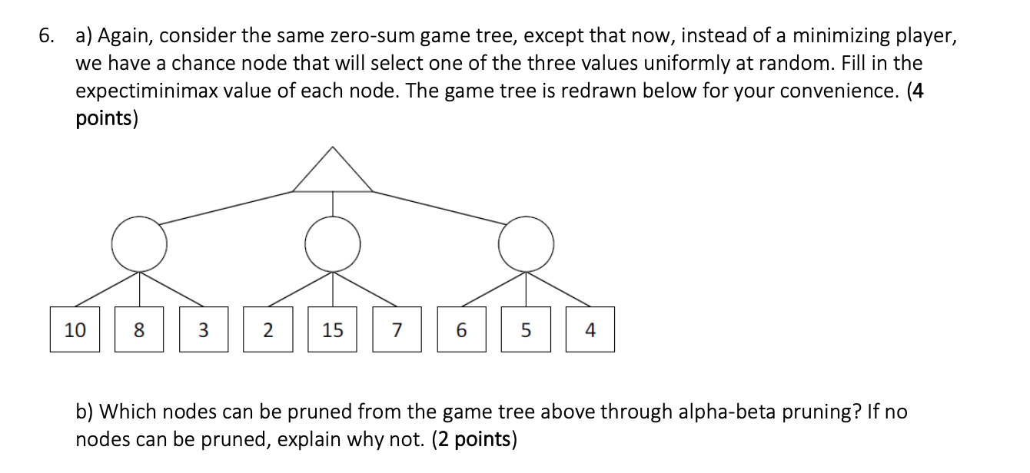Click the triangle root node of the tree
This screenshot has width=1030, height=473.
click(x=333, y=174)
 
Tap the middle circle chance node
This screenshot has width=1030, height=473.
click(x=333, y=244)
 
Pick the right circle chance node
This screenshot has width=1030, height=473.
click(x=526, y=244)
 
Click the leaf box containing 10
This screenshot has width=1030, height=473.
click(x=75, y=330)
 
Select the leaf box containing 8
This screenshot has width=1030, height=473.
click(x=139, y=330)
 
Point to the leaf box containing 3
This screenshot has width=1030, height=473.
click(x=204, y=330)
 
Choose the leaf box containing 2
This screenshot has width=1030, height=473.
click(x=268, y=330)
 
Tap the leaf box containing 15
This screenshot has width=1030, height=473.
click(x=333, y=330)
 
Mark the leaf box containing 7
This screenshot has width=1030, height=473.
click(x=397, y=330)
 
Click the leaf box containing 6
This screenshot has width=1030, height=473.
click(x=461, y=330)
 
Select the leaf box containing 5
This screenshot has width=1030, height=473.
click(x=526, y=330)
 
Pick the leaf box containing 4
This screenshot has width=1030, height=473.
click(x=590, y=330)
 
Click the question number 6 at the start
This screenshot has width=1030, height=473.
click(x=48, y=36)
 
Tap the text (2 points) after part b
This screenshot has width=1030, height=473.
click(x=473, y=440)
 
